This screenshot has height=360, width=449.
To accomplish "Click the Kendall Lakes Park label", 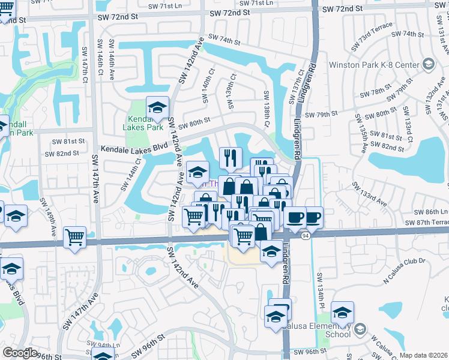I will (x=147, y=123).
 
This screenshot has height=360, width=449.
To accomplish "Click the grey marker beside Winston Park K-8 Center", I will (x=428, y=64).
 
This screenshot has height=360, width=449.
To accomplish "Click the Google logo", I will (x=20, y=353).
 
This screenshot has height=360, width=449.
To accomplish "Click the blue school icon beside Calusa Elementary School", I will (x=342, y=313).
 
